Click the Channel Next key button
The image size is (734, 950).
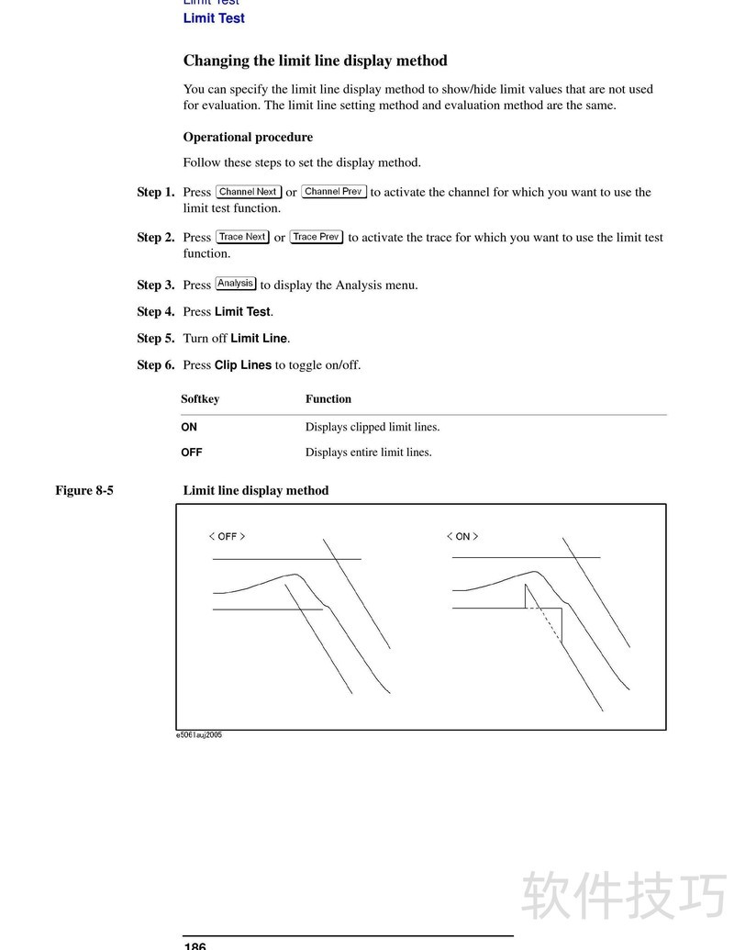248,192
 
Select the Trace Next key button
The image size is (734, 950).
242,237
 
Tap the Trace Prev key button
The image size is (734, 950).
317,237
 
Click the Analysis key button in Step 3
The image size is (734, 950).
236,284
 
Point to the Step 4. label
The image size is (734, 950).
155,312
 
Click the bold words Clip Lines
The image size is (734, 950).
243,365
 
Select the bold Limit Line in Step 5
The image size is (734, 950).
259,339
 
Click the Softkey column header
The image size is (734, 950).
200,399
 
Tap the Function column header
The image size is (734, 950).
328,399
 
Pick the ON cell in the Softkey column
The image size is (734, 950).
189,427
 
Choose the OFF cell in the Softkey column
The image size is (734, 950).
192,453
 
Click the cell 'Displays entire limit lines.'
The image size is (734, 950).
368,453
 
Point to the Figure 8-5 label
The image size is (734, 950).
84,490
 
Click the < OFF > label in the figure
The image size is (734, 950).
227,537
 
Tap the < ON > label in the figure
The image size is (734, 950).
462,537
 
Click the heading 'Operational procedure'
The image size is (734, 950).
248,138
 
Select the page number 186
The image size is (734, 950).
195,945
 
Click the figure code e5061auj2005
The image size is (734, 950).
199,735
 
